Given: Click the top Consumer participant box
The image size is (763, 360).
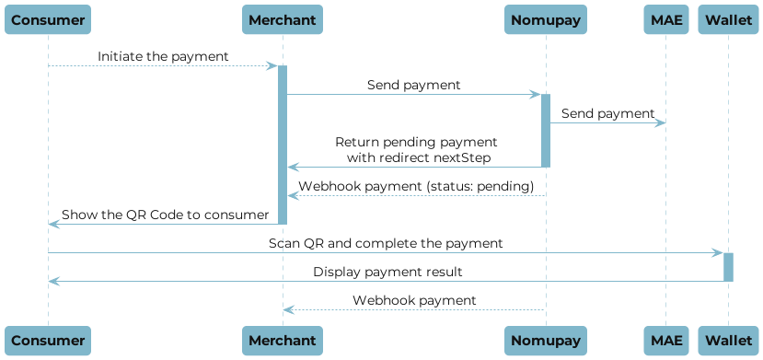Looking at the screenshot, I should tap(48, 19).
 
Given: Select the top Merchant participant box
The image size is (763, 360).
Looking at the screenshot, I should tap(283, 19).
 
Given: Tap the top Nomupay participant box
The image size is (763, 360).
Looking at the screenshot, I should tap(545, 19).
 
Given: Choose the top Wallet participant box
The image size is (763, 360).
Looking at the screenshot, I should tap(728, 19).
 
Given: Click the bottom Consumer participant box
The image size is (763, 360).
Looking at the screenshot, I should tap(48, 340).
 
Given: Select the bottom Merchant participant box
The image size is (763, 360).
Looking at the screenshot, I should tap(283, 340).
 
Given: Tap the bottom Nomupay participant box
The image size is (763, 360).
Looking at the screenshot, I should tap(545, 340).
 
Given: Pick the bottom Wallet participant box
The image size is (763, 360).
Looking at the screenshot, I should tap(728, 340).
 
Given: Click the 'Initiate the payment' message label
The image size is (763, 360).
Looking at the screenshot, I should tap(163, 56).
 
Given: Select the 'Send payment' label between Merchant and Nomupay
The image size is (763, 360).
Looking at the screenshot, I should tap(413, 85).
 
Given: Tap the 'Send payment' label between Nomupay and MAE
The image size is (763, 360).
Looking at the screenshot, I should tap(607, 113).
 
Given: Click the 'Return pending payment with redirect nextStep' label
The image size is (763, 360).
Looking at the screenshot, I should tap(416, 150).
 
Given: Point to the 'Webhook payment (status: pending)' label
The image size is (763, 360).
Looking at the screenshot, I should tap(416, 186).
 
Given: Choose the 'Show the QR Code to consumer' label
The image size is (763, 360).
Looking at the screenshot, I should tap(165, 215).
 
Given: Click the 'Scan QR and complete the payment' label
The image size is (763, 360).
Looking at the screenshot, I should tap(386, 243).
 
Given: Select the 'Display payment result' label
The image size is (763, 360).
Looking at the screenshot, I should tap(387, 272).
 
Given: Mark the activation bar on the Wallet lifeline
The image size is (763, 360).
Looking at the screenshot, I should tap(728, 267).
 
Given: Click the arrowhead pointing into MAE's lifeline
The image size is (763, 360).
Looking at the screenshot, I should tap(660, 123).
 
